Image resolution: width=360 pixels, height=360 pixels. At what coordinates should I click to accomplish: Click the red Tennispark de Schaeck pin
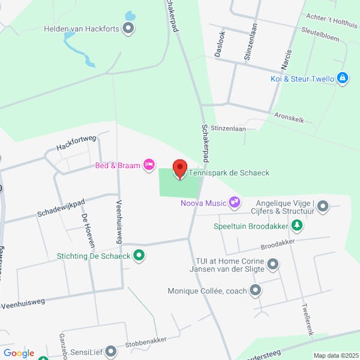click(x=179, y=169)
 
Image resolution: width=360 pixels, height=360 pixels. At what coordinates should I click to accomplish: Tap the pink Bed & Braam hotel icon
click(x=149, y=165)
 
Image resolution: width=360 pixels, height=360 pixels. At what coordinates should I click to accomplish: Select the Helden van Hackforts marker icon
click(x=128, y=28)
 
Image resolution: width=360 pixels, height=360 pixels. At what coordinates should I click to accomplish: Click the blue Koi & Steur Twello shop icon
click(x=343, y=79)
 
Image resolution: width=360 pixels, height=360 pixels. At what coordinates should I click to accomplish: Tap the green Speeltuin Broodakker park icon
click(x=296, y=226)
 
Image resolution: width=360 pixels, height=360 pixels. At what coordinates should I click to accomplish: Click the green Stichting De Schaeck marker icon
click(x=139, y=256)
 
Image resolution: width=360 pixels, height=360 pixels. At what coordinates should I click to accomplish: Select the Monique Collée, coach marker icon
click(x=256, y=291)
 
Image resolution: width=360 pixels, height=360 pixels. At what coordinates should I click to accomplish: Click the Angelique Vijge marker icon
click(x=323, y=207)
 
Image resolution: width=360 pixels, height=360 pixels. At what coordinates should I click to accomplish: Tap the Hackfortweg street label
click(x=76, y=143)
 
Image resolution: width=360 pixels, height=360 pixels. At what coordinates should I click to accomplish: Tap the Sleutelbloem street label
click(x=321, y=37)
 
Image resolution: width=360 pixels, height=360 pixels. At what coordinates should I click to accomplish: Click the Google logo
click(x=19, y=353)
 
